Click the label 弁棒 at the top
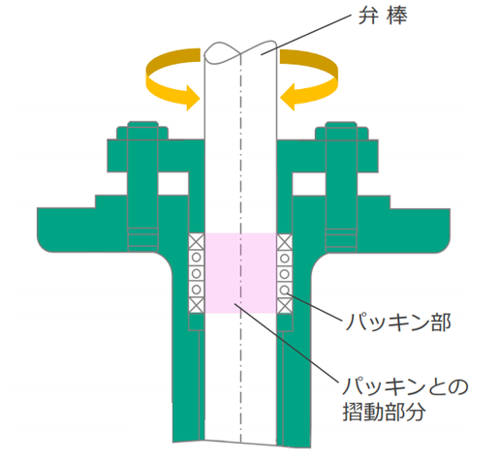coord(383,15)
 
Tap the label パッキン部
coord(397,323)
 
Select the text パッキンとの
coord(405,386)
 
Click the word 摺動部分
coord(384,412)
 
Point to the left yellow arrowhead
coord(193,98)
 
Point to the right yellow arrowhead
coord(288,97)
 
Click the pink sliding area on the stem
coord(240,273)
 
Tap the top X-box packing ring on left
coord(197,241)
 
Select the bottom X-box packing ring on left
coord(197,305)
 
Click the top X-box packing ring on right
coord(285,242)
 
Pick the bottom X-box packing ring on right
coord(285,305)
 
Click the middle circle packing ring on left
coord(197,273)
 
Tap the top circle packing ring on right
coord(285,259)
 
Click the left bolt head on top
coord(142,130)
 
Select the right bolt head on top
coord(341,131)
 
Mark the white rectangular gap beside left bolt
coord(173,183)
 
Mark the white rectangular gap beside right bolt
coord(309,184)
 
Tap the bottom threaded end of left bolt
coord(142,239)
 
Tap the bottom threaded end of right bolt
coord(341,240)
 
